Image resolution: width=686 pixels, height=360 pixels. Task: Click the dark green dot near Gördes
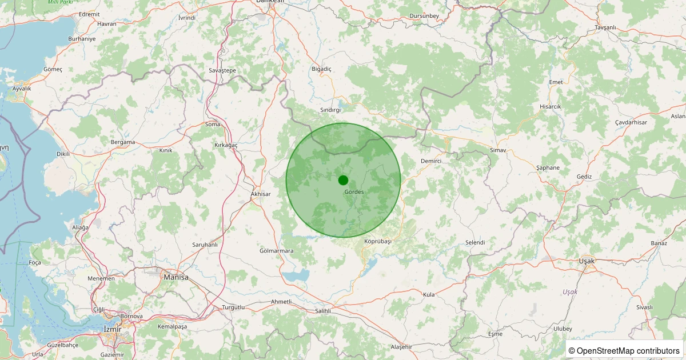[x=343, y=180]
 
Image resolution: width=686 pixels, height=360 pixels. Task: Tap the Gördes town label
[x=354, y=192]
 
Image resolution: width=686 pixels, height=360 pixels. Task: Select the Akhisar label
[x=261, y=194]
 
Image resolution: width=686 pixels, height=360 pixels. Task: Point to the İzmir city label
[x=111, y=330]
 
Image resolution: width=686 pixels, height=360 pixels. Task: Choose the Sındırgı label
[x=330, y=109]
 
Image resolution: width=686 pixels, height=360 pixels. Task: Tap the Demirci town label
[x=431, y=162]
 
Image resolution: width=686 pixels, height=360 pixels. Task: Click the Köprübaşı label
[x=378, y=241]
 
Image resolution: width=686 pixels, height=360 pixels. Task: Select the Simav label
[x=498, y=150]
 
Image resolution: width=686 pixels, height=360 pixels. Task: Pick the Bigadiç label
[x=321, y=69]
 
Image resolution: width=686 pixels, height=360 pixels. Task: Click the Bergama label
[x=122, y=142]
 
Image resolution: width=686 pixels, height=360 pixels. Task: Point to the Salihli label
[x=323, y=311]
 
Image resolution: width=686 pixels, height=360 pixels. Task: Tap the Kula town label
[x=429, y=294]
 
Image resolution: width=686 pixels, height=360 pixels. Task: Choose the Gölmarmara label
[x=276, y=251]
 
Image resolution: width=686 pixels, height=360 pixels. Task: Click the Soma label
[x=212, y=124]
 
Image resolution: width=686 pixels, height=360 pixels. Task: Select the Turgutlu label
[x=234, y=307]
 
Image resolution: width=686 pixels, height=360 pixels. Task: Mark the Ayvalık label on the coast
[x=22, y=89]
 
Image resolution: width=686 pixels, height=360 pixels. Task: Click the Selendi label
[x=475, y=243]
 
